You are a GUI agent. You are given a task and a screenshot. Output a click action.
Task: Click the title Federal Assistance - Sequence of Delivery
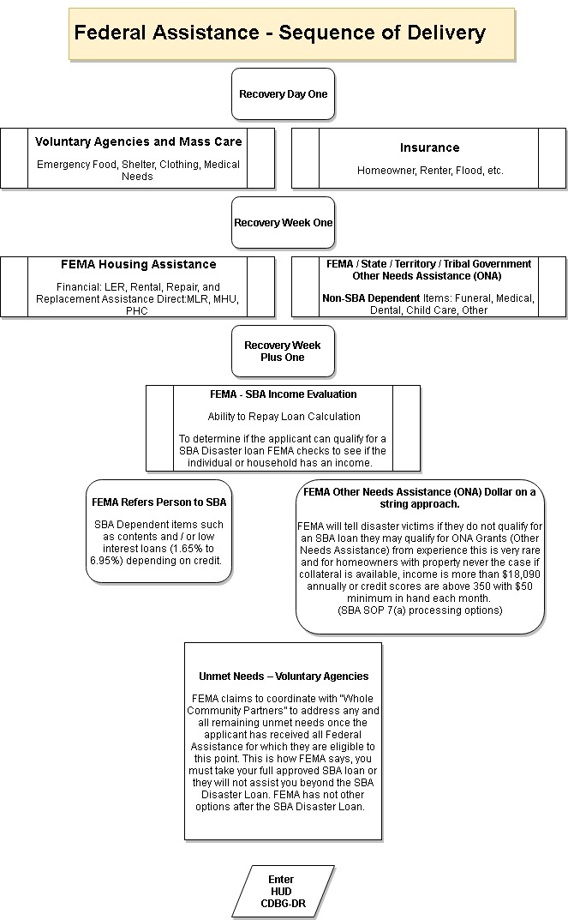(279, 33)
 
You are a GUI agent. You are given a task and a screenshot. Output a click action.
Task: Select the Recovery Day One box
(283, 93)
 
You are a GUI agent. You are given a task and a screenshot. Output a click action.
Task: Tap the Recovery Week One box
(283, 222)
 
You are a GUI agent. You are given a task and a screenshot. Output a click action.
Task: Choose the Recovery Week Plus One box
(283, 351)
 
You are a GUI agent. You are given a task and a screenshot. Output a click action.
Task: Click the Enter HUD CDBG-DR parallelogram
(283, 891)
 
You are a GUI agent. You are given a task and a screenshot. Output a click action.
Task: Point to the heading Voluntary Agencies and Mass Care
(138, 142)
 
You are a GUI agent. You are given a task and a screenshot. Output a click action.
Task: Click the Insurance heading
(430, 147)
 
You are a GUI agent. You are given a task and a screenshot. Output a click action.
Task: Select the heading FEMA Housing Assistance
(138, 265)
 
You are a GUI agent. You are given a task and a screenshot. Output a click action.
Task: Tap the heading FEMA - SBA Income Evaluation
(283, 394)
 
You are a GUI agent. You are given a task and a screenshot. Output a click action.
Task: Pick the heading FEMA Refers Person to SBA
(158, 502)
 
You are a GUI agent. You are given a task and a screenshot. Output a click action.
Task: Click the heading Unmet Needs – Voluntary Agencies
(284, 676)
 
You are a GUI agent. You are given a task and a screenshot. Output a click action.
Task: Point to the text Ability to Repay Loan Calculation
(284, 417)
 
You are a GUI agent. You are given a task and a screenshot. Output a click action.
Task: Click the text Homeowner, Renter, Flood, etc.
(430, 171)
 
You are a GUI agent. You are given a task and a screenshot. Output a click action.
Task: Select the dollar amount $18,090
(521, 574)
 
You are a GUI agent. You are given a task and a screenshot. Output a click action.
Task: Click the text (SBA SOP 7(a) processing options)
(421, 610)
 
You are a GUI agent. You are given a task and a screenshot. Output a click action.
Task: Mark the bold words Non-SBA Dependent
(371, 298)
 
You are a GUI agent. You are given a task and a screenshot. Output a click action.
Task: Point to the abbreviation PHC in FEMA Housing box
(137, 311)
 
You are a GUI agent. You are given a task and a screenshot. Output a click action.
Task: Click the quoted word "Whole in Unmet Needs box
(356, 699)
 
